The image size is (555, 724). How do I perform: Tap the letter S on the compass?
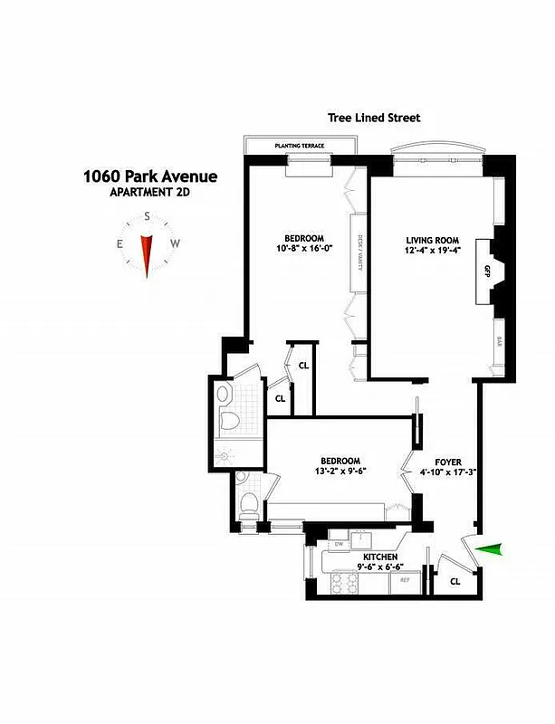[x=147, y=217]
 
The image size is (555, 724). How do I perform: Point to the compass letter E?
[x=119, y=243]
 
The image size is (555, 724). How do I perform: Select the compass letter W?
[x=176, y=243]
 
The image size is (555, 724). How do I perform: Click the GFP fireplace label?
[x=486, y=271]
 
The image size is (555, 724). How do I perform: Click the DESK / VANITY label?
[x=359, y=253]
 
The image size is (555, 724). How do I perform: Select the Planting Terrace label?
[x=300, y=145]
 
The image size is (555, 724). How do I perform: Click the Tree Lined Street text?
[x=374, y=118]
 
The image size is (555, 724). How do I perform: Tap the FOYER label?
[x=447, y=462]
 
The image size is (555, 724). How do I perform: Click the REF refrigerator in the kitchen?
[x=405, y=578]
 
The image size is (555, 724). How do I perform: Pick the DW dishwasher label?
[x=339, y=544]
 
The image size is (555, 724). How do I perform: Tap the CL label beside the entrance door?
[x=455, y=581]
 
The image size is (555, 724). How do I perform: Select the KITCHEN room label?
[x=381, y=557]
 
